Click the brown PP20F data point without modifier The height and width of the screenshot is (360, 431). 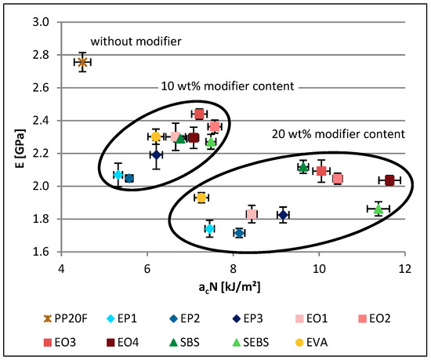pyautogui.click(x=83, y=61)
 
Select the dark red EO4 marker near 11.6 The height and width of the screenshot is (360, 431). pyautogui.click(x=389, y=180)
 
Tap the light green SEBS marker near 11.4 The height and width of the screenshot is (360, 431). pyautogui.click(x=378, y=209)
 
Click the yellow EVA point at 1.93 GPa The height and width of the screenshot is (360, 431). pyautogui.click(x=201, y=198)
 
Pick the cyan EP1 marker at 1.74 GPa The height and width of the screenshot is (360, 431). pyautogui.click(x=209, y=228)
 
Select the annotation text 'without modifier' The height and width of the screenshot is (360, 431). pyautogui.click(x=136, y=41)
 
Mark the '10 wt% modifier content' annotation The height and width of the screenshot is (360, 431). pyautogui.click(x=212, y=85)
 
